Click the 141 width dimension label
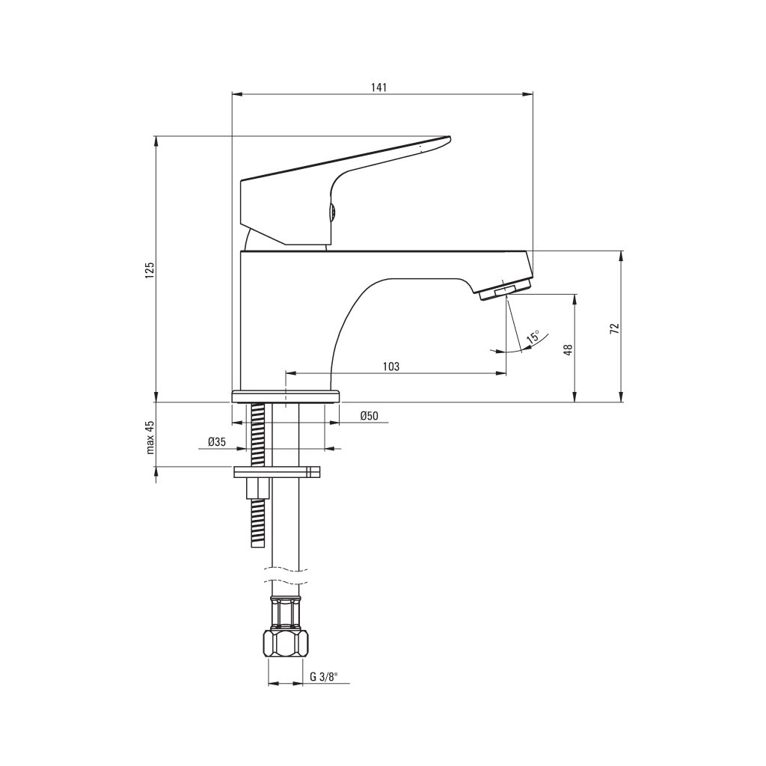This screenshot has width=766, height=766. click(x=379, y=87)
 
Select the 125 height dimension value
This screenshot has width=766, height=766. click(x=150, y=270)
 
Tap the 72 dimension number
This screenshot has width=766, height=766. click(x=615, y=328)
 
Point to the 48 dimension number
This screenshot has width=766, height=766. click(x=568, y=350)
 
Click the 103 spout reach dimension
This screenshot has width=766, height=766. click(x=390, y=367)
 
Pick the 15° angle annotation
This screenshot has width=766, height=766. click(x=533, y=337)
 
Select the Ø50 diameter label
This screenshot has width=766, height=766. click(x=369, y=416)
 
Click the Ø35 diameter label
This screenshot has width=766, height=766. click(x=217, y=441)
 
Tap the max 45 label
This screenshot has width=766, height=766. click(x=150, y=437)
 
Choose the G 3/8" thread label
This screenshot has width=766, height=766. click(x=324, y=676)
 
